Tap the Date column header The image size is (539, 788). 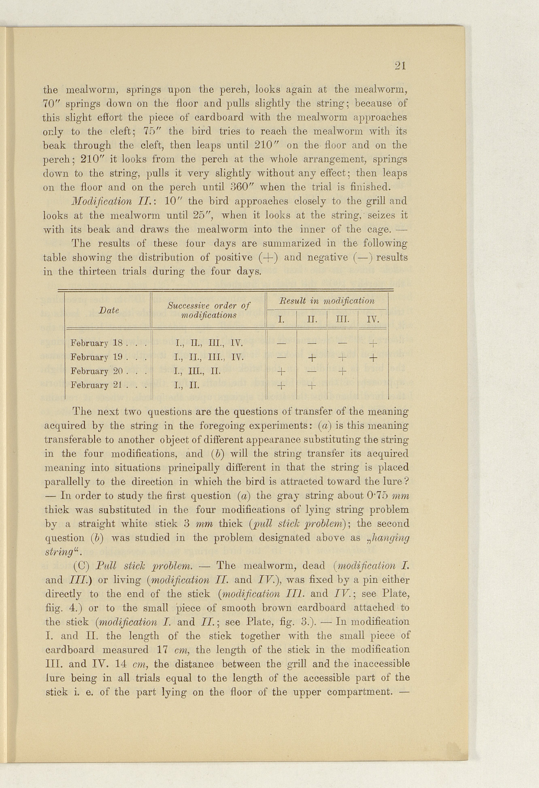[x=109, y=310]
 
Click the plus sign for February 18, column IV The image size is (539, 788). [x=373, y=344]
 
